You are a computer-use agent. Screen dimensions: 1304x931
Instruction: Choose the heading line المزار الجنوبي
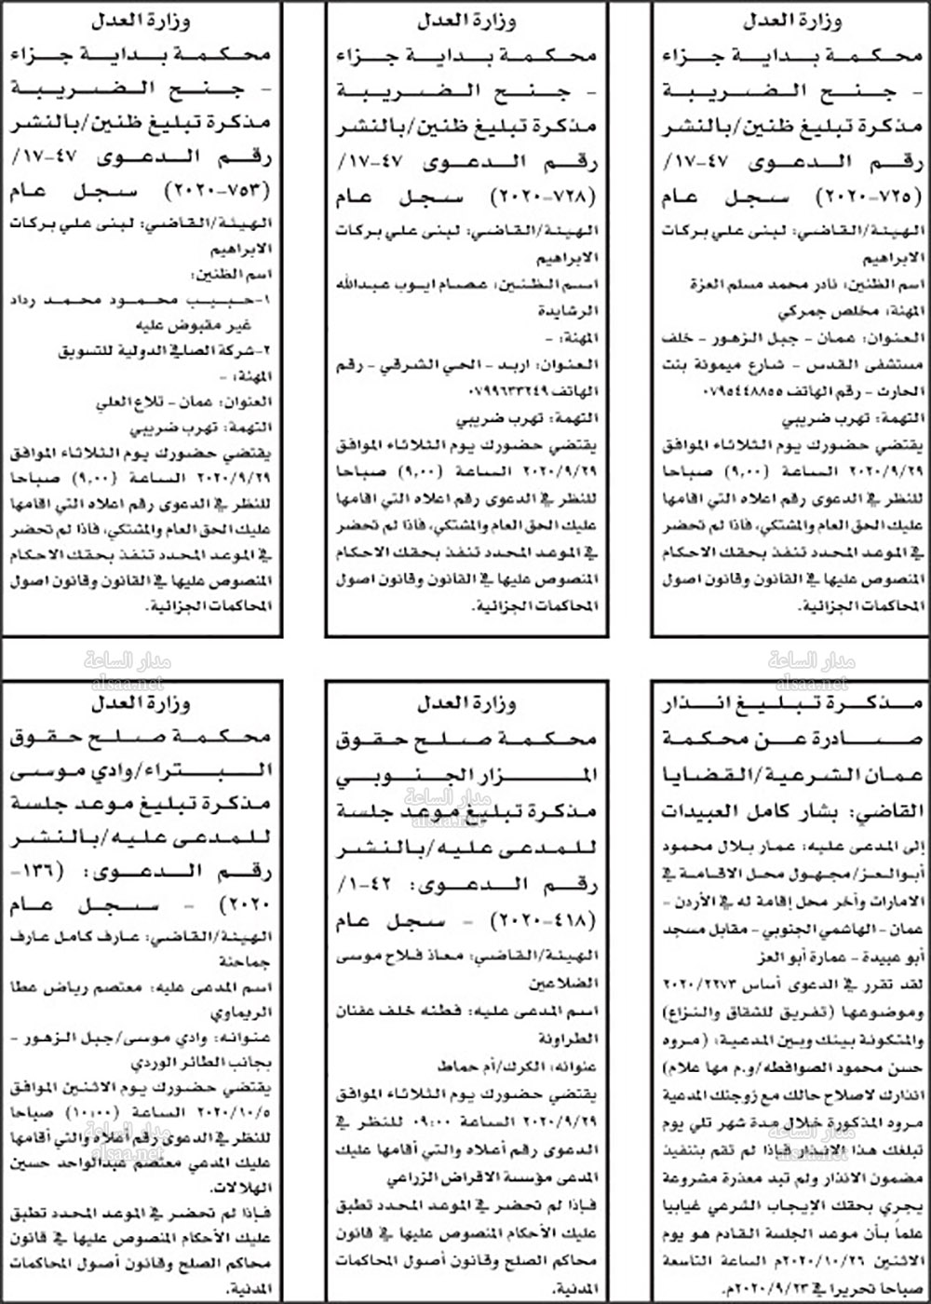pos(465,775)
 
